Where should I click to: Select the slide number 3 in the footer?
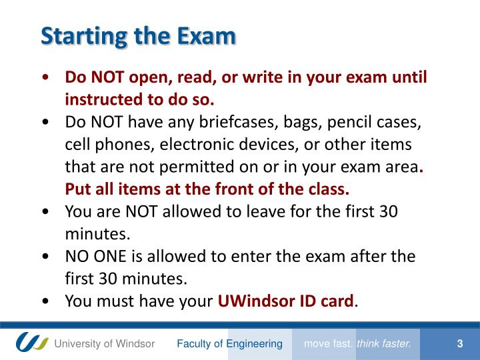pyautogui.click(x=460, y=344)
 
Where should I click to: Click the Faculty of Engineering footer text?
pyautogui.click(x=229, y=344)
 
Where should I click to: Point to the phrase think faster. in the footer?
pyautogui.click(x=385, y=344)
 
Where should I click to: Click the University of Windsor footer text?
pyautogui.click(x=105, y=344)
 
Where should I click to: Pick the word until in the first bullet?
pyautogui.click(x=409, y=77)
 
